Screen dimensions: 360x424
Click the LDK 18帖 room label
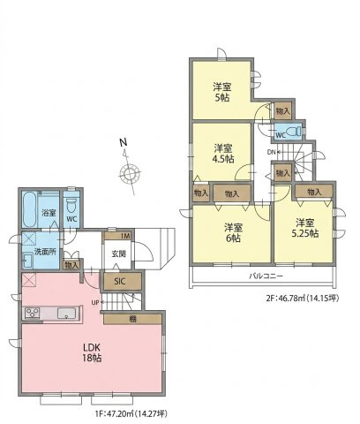click(x=93, y=352)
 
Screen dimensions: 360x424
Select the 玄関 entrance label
click(x=118, y=254)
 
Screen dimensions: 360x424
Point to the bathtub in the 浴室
click(x=29, y=209)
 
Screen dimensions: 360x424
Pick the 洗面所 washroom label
click(x=44, y=252)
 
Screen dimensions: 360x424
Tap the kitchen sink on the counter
click(x=67, y=313)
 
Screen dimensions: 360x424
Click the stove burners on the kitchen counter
click(x=32, y=313)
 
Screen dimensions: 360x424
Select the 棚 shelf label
click(x=133, y=319)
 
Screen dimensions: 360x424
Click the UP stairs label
click(x=94, y=302)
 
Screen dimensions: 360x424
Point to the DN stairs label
click(x=271, y=152)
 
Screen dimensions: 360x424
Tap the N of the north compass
click(x=124, y=142)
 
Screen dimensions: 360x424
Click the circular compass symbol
click(x=130, y=174)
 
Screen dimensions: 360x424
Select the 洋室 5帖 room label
click(x=222, y=92)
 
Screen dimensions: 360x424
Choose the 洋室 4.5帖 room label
click(x=223, y=154)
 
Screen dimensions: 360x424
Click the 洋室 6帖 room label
click(x=233, y=232)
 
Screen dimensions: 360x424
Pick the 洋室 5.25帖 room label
click(x=305, y=228)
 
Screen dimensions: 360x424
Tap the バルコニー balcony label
click(x=266, y=276)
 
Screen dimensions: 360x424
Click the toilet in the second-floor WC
click(x=294, y=131)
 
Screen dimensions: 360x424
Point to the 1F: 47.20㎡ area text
click(x=116, y=413)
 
